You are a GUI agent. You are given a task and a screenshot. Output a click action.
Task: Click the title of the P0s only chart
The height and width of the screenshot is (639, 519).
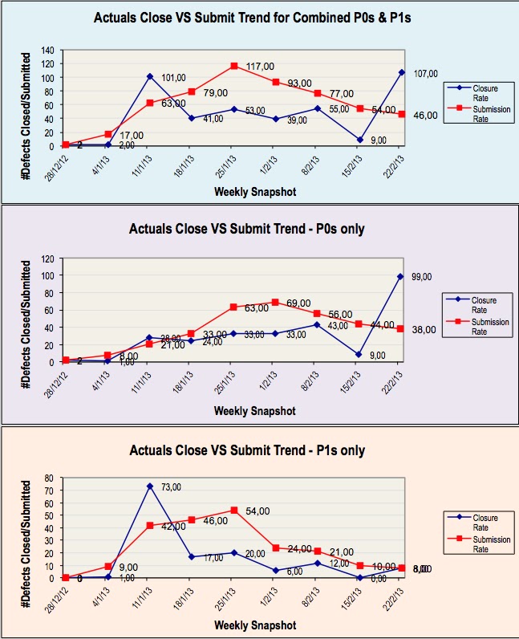pyautogui.click(x=247, y=229)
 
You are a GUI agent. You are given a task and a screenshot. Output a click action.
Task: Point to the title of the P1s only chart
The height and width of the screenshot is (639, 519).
pyautogui.click(x=247, y=450)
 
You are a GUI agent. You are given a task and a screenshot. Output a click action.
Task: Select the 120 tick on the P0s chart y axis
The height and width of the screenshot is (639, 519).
pyautogui.click(x=47, y=260)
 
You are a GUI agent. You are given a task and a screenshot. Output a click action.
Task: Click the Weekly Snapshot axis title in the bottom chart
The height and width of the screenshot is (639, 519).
pyautogui.click(x=254, y=625)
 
